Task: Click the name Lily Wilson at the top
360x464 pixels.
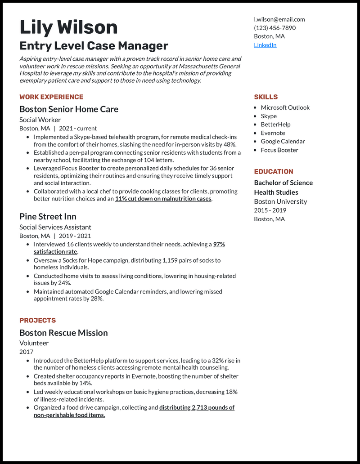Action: (x=68, y=27)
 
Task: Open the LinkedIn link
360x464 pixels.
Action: (x=265, y=45)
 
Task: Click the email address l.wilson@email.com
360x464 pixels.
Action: (x=279, y=19)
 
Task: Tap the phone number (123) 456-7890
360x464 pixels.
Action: (x=274, y=28)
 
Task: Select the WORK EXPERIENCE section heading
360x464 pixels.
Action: (x=51, y=97)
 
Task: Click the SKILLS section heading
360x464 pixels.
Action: (x=265, y=97)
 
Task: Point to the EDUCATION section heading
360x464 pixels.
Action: (x=273, y=171)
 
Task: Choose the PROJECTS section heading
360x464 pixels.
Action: (x=37, y=320)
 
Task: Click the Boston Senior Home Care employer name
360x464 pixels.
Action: (x=69, y=109)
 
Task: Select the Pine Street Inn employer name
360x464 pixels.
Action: (x=48, y=216)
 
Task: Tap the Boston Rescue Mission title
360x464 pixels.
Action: (x=63, y=333)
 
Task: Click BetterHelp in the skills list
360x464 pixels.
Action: (x=275, y=125)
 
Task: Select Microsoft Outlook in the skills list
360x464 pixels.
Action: (x=285, y=107)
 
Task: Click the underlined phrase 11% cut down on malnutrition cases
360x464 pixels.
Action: (x=163, y=199)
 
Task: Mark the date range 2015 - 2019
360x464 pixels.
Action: (x=270, y=210)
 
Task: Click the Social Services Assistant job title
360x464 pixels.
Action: (x=55, y=227)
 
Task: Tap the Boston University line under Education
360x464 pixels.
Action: (x=280, y=201)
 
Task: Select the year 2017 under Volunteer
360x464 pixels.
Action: (x=26, y=352)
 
